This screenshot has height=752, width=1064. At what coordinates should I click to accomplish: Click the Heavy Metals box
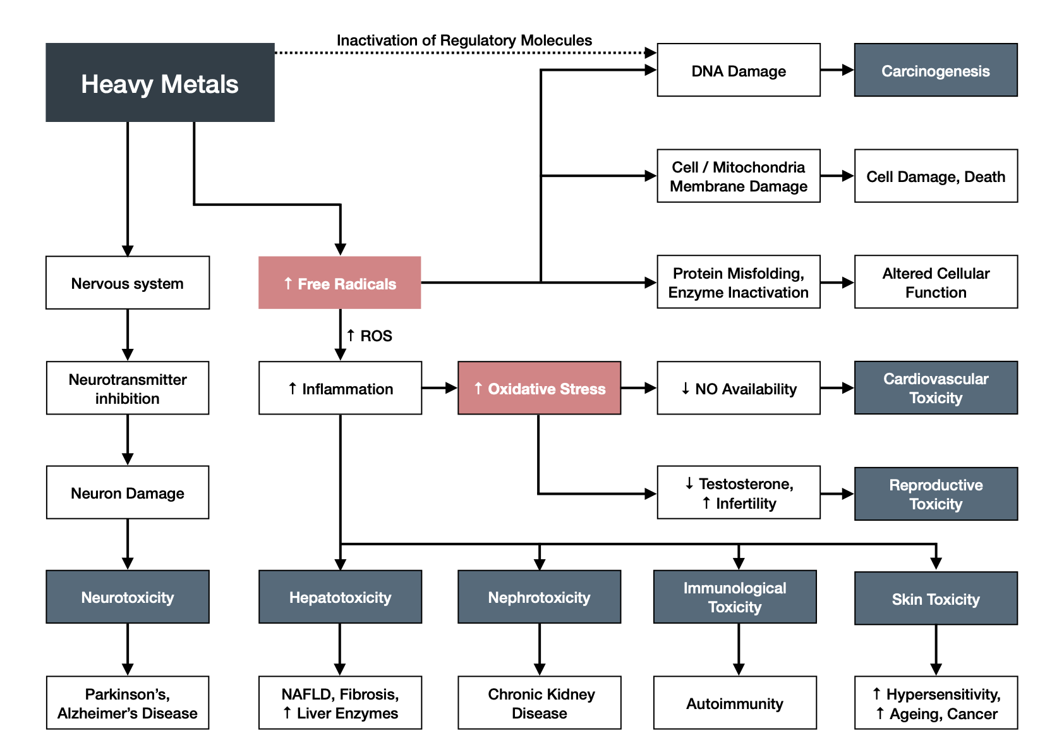[160, 83]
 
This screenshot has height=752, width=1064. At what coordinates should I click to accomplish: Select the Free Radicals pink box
[340, 283]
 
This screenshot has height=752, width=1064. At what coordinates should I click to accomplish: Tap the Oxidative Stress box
[539, 388]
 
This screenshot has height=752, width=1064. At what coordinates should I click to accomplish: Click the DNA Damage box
[738, 70]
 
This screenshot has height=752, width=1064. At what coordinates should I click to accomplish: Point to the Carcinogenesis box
[935, 70]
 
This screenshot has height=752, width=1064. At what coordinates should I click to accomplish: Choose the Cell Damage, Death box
[935, 176]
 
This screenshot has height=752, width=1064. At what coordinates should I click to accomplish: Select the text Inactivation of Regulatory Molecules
[464, 40]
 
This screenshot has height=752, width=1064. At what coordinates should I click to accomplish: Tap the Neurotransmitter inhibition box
[128, 388]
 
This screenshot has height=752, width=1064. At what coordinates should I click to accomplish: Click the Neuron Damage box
[128, 493]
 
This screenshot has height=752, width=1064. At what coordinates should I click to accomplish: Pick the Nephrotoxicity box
[539, 597]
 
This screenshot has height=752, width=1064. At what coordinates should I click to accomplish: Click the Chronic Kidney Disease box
[539, 703]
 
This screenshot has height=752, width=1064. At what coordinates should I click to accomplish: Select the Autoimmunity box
[734, 703]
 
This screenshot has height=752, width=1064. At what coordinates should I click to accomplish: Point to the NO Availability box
[738, 388]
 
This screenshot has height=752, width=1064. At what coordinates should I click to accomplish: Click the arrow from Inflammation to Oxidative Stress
[439, 388]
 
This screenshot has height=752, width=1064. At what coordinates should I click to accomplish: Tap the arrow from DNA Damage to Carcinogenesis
[837, 70]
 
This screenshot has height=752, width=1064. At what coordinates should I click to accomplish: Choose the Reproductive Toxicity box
[935, 494]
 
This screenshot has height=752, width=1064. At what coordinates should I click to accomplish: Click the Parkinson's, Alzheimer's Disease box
[128, 703]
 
